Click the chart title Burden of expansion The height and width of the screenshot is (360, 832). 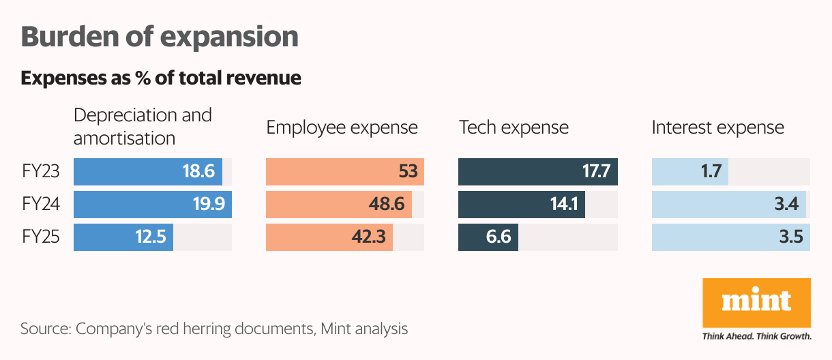160,37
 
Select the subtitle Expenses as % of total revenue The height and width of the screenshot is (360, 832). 161,78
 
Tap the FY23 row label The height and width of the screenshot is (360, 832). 40,172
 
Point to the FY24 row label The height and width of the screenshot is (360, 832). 40,205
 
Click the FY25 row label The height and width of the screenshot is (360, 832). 40,237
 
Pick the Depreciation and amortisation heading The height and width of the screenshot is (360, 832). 143,126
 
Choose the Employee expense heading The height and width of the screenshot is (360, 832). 342,127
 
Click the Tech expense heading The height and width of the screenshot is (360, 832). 514,127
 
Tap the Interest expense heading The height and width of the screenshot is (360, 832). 717,127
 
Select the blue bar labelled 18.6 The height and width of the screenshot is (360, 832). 148,172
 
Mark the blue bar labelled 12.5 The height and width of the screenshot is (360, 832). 123,237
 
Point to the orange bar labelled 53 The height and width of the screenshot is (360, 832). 344,172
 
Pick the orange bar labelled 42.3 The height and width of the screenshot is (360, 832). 329,237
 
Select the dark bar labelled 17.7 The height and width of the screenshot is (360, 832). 537,172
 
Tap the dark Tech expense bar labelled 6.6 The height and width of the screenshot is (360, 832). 488,237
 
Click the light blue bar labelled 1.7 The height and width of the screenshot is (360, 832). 689,172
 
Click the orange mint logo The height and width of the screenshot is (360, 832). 756,303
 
